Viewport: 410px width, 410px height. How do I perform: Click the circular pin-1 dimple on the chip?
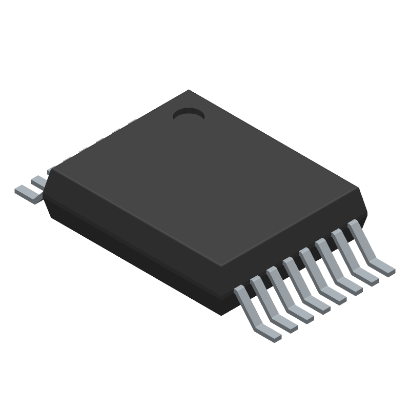(x=189, y=115)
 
